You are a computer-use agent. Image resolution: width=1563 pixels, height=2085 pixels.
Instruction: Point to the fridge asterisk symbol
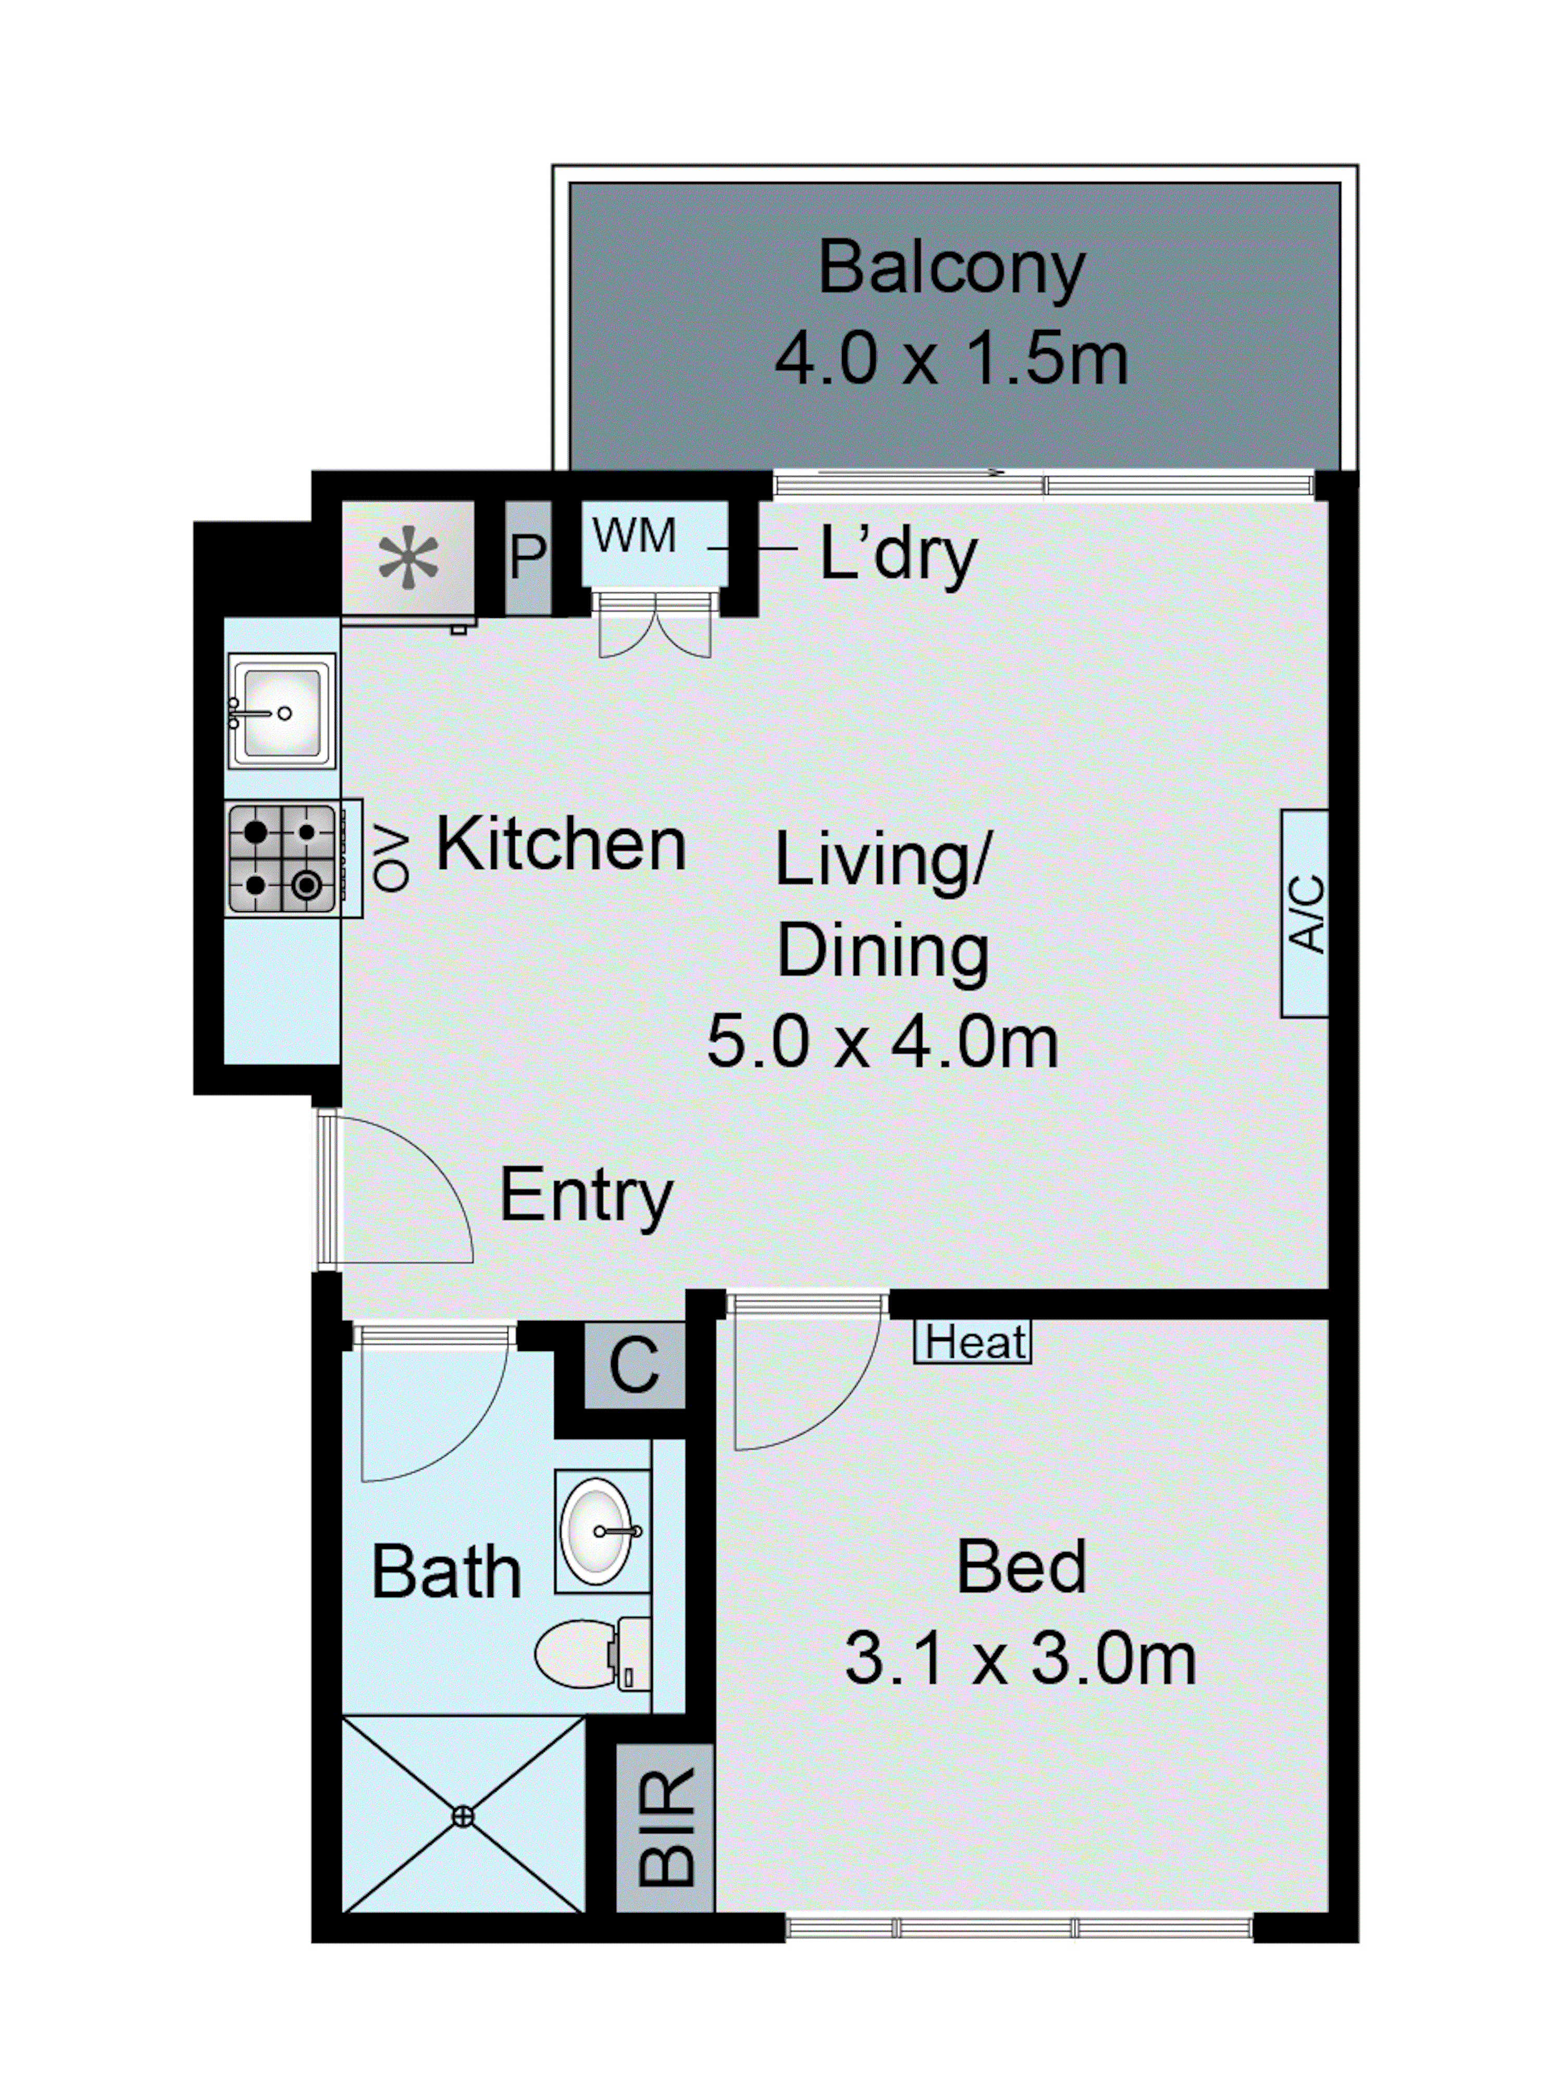408,562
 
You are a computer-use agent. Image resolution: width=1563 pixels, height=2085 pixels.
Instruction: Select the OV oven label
391,860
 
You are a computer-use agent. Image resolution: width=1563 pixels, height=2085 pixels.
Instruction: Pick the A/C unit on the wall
1305,912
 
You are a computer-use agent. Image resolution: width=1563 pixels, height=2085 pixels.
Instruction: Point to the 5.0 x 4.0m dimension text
883,1041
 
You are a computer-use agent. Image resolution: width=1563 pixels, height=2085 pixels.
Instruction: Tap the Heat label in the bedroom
973,1342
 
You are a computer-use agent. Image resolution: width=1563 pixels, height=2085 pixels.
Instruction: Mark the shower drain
463,1816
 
